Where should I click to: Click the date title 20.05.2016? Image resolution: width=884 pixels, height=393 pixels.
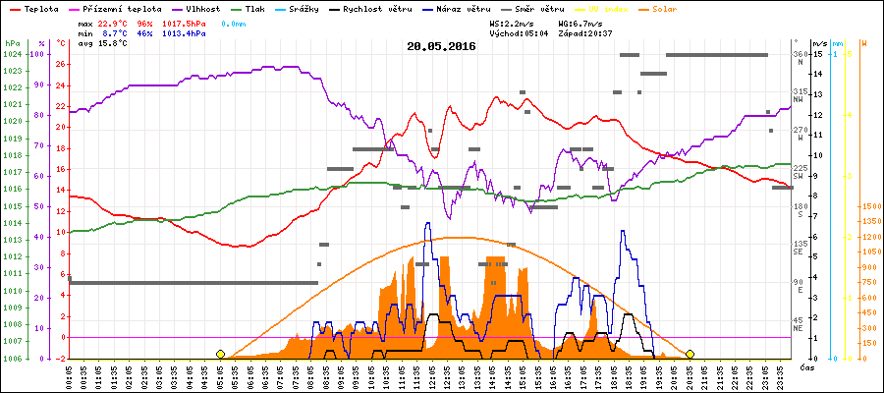pos(441,46)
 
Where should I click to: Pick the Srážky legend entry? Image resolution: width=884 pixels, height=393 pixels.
pos(317,8)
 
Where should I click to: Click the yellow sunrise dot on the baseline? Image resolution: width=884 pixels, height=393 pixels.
pos(220,354)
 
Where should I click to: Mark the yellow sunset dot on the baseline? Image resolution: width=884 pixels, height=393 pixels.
pos(691,354)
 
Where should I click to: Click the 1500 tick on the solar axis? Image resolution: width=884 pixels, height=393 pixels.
pos(870,207)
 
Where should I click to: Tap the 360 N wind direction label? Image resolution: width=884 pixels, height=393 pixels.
pos(801,58)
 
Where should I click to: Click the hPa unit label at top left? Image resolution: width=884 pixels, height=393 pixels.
pos(11,44)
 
